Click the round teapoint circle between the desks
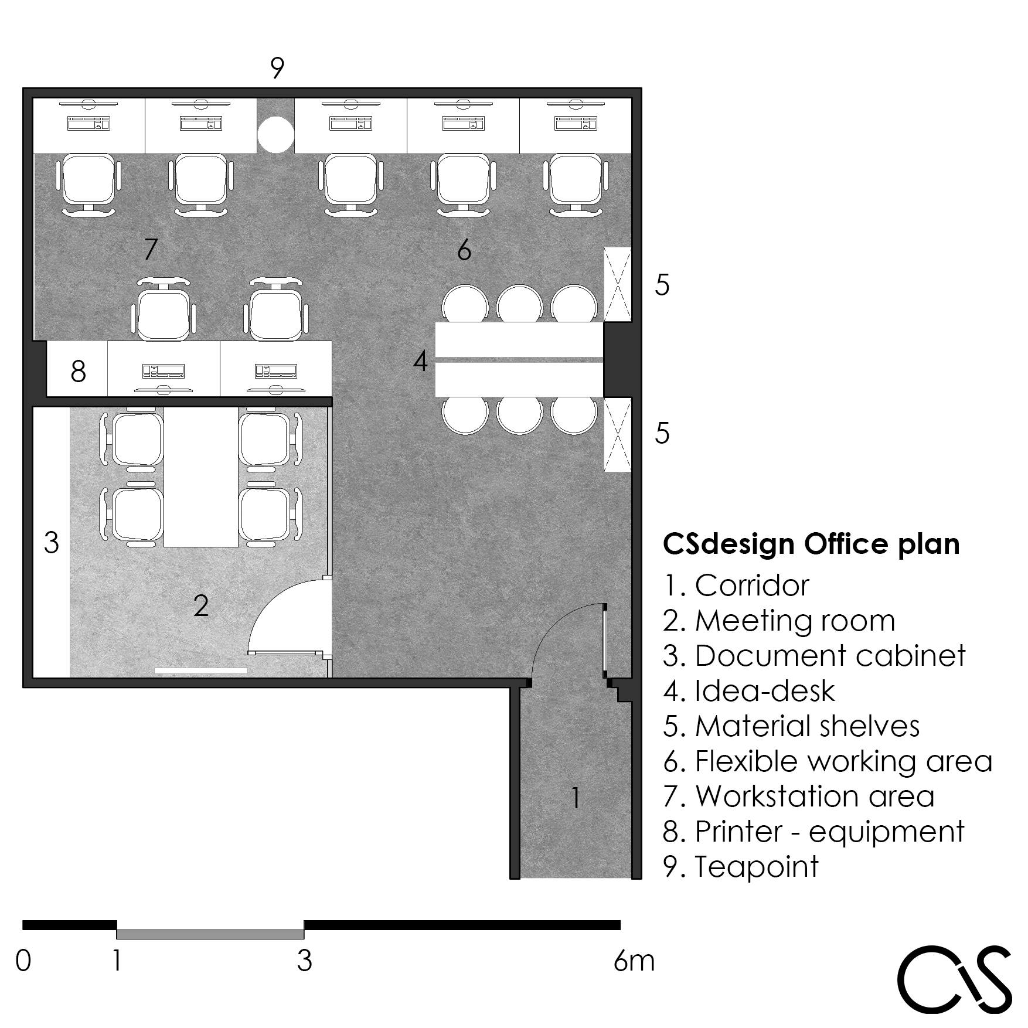[x=275, y=134]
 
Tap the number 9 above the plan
[x=277, y=68]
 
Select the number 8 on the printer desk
[x=78, y=371]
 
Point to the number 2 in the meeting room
[x=201, y=605]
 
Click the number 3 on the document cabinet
[x=52, y=543]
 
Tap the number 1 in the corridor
[x=576, y=798]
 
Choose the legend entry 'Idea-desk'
[x=749, y=691]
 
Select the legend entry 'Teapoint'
[x=741, y=867]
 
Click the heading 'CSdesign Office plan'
[x=811, y=544]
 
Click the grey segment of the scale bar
[x=210, y=934]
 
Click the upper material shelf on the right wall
[x=618, y=284]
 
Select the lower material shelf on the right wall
[x=618, y=434]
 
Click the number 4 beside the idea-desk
[x=420, y=362]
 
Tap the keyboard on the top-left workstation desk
[x=89, y=124]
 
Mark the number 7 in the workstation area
[x=151, y=250]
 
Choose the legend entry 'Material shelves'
[x=791, y=726]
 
